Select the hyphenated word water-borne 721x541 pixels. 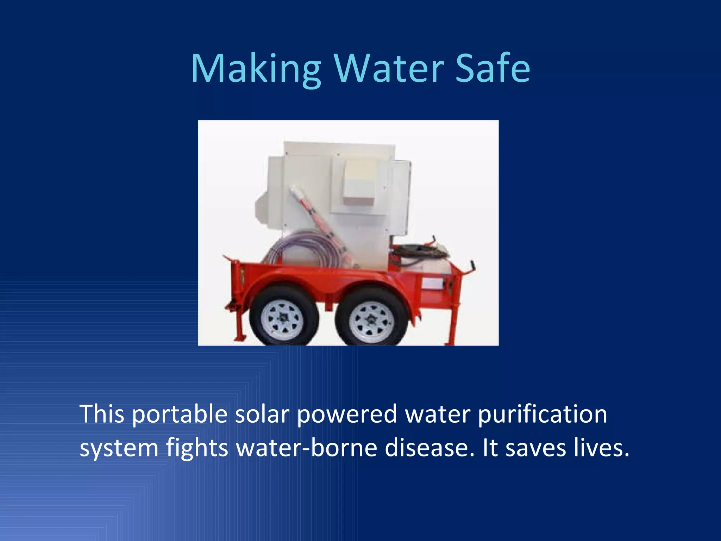tap(306, 448)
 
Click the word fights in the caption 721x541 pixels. tap(197, 448)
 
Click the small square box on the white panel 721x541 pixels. tap(360, 182)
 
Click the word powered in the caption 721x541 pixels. tap(347, 414)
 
